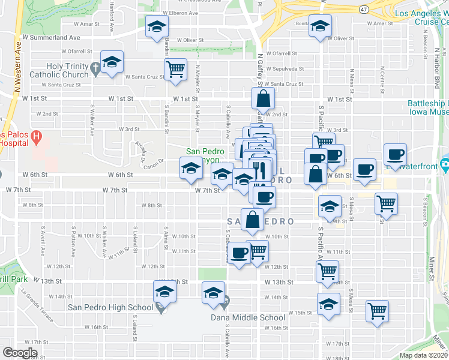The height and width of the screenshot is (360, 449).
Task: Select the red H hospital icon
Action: (37, 137)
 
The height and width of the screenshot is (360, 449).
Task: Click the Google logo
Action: (20, 352)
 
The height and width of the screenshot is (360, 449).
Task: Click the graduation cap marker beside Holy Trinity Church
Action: (112, 62)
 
